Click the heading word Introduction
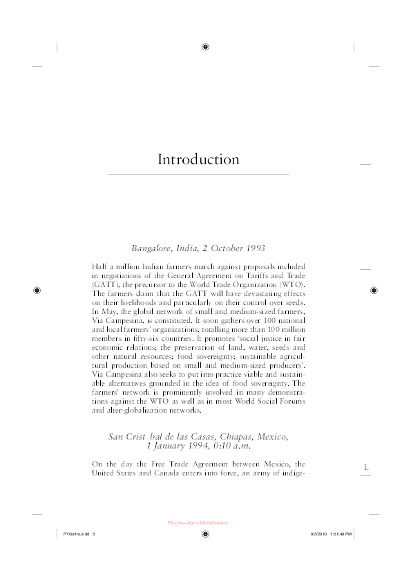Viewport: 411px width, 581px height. (x=198, y=160)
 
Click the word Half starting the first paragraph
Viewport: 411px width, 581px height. (x=100, y=266)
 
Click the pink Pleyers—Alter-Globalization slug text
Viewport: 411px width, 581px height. (x=198, y=523)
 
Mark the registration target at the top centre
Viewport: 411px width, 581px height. (x=206, y=47)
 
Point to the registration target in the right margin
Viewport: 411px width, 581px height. (x=373, y=290)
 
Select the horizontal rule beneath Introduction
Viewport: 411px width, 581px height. (x=198, y=175)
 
